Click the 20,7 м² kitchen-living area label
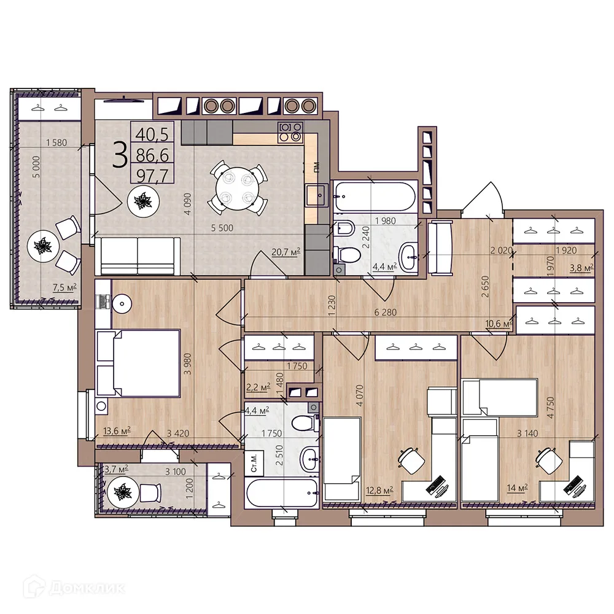click(x=286, y=252)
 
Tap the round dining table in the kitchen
click(x=237, y=190)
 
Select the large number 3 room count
click(x=120, y=155)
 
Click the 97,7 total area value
click(x=152, y=176)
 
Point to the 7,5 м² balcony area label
click(x=64, y=287)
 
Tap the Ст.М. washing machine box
click(x=254, y=463)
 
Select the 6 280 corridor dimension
click(x=386, y=312)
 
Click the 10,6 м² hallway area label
click(x=499, y=324)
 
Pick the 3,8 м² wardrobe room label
click(x=581, y=268)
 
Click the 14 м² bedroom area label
click(x=517, y=488)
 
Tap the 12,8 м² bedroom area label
click(x=379, y=490)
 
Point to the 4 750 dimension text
click(x=550, y=408)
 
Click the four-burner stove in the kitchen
click(x=290, y=132)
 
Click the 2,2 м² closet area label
click(x=258, y=387)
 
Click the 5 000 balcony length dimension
click(x=36, y=167)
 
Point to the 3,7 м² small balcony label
click(x=116, y=468)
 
